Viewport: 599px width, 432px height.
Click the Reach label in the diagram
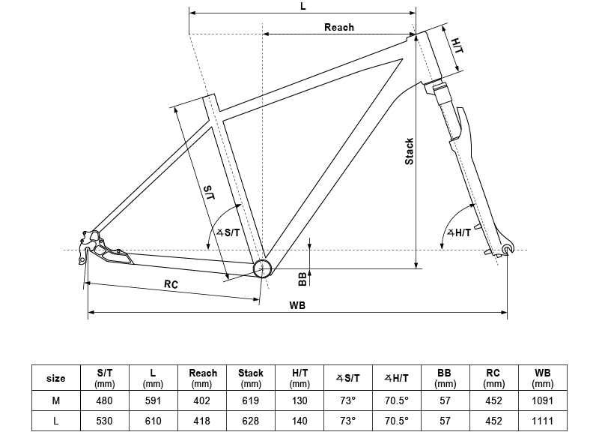pyautogui.click(x=339, y=27)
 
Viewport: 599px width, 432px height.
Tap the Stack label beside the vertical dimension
pyautogui.click(x=409, y=151)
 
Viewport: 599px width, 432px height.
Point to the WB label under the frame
pyautogui.click(x=297, y=305)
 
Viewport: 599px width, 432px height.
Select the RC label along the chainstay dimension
pyautogui.click(x=171, y=284)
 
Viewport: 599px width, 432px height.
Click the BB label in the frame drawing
pyautogui.click(x=302, y=279)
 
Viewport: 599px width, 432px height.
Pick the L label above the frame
pyautogui.click(x=303, y=7)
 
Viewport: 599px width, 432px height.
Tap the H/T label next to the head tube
pyautogui.click(x=457, y=46)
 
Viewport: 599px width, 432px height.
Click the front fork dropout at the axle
pyautogui.click(x=507, y=250)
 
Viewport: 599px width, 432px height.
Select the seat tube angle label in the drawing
pyautogui.click(x=229, y=232)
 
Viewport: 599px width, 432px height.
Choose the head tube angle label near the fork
pyautogui.click(x=460, y=232)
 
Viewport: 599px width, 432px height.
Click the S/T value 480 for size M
pyautogui.click(x=104, y=400)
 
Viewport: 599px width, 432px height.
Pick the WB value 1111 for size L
pyautogui.click(x=542, y=421)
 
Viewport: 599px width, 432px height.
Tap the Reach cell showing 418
pyautogui.click(x=201, y=421)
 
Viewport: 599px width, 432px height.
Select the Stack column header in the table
pyautogui.click(x=251, y=378)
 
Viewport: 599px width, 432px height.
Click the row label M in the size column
pyautogui.click(x=55, y=400)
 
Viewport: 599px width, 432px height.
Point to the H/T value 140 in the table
pyautogui.click(x=299, y=421)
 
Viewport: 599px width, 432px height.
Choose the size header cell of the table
pyautogui.click(x=55, y=379)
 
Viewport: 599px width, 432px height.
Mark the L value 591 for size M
pyautogui.click(x=153, y=400)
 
